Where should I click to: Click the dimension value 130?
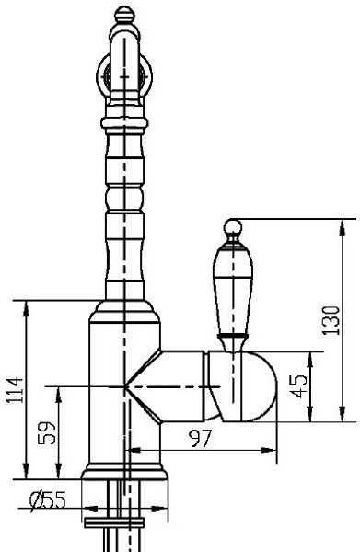tap(332, 320)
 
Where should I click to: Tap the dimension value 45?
tap(300, 386)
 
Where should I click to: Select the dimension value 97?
tap(201, 438)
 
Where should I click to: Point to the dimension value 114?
tap(15, 390)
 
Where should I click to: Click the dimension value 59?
tap(47, 433)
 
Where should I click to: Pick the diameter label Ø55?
tap(48, 500)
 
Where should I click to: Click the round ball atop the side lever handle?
tap(233, 226)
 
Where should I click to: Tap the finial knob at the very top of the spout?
tap(124, 14)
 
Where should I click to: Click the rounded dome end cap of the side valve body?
tap(260, 386)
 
